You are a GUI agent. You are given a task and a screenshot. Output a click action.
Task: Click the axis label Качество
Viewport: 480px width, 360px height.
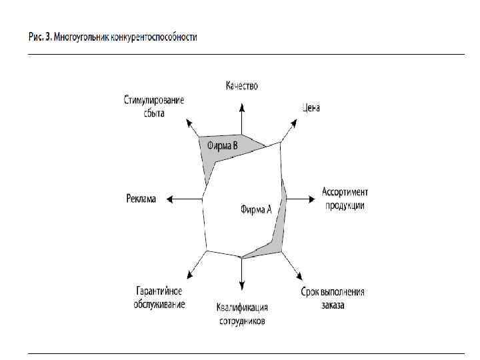click(241, 86)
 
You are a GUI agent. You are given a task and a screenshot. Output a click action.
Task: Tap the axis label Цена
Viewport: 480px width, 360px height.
click(311, 107)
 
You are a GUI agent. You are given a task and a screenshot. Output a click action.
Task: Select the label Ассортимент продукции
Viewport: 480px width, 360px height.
click(345, 199)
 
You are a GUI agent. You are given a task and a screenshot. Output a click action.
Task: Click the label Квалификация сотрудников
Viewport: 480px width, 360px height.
click(242, 314)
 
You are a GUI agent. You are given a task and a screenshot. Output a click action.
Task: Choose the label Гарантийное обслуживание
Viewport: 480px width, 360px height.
click(160, 298)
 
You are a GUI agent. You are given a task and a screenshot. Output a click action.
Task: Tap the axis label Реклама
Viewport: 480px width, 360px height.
click(141, 199)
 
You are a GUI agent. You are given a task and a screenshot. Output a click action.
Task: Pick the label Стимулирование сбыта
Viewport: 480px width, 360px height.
click(154, 107)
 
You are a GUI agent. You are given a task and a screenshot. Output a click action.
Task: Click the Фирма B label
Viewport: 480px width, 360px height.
click(222, 145)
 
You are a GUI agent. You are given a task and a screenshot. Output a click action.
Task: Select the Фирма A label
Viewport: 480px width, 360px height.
click(256, 209)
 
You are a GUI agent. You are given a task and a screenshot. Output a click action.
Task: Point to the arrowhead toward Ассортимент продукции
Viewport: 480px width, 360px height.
click(311, 199)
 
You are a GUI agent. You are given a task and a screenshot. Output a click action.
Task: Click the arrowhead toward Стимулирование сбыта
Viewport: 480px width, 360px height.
click(188, 121)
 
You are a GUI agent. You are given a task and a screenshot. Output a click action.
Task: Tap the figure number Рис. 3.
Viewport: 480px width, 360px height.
click(37, 37)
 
